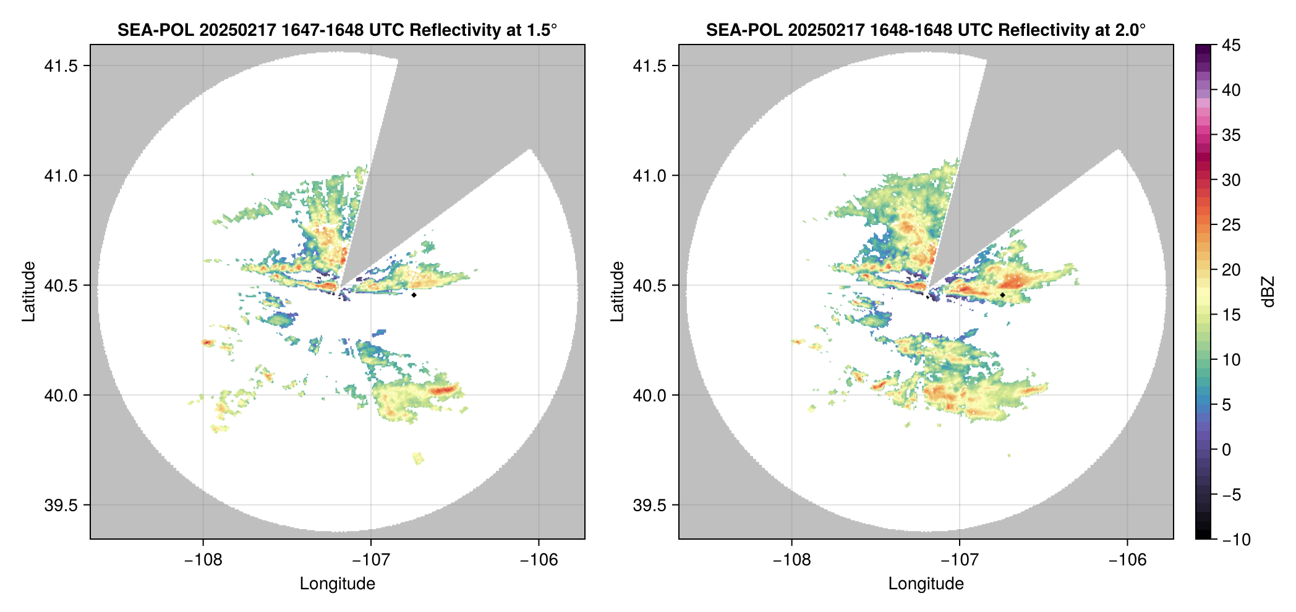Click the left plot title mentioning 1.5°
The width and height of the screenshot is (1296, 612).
point(337,30)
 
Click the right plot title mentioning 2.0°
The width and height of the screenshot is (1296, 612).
point(926,30)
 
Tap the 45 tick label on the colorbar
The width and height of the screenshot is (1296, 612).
point(1231,45)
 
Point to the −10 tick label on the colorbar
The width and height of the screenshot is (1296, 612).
point(1236,540)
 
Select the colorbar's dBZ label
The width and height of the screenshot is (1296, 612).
point(1268,292)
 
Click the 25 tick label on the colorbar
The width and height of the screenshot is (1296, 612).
point(1231,225)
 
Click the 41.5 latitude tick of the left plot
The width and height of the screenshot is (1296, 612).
point(61,66)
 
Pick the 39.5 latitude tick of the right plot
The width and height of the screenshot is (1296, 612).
point(649,505)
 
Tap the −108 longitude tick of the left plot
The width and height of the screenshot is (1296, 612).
point(203,560)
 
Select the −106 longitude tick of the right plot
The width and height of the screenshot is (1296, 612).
point(1127,560)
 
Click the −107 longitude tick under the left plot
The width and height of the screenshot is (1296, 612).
point(371,560)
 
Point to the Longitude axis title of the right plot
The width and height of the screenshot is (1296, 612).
point(926,584)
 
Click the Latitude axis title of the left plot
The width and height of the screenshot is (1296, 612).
point(28,291)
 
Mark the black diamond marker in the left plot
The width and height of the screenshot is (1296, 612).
point(414,295)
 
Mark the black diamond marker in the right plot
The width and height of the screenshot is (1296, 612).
point(1002,295)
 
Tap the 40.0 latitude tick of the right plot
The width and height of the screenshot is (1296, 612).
point(649,396)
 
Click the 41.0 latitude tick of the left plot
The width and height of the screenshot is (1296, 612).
point(61,176)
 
